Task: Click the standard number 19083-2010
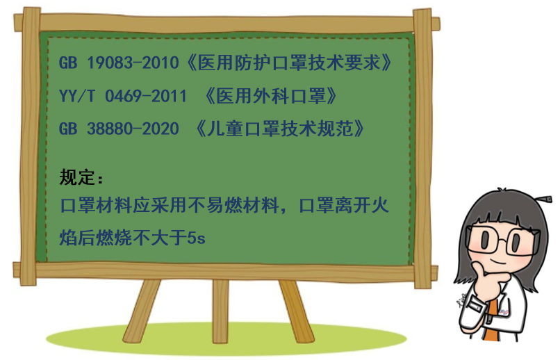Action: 133,63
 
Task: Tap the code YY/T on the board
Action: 77,96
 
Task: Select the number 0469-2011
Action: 146,96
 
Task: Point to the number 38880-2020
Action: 133,129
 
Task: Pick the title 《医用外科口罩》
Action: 272,96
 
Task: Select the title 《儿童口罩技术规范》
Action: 281,129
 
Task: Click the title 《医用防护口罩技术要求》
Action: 289,63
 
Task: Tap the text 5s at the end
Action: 196,238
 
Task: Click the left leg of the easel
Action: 142,311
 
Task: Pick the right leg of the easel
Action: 296,311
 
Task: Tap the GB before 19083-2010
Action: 68,63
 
